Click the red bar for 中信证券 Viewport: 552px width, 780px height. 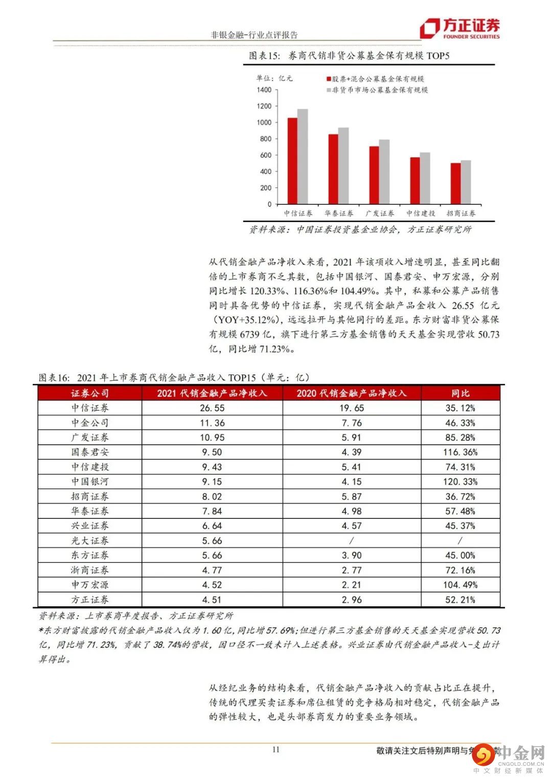pos(292,161)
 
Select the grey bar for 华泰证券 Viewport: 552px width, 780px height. pos(343,166)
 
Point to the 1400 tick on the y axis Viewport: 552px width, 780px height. pos(264,90)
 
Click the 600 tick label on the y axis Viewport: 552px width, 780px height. pos(266,155)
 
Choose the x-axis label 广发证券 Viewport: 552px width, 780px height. pos(379,214)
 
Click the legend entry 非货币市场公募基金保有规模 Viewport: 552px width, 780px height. pos(380,90)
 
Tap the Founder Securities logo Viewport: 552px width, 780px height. pos(459,29)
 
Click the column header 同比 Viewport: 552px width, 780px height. pos(460,393)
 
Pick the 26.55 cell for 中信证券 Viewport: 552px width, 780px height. pos(212,408)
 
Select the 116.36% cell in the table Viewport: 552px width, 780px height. pos(460,452)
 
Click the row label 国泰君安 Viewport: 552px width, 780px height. pos(90,452)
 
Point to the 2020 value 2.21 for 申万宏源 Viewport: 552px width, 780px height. pos(351,585)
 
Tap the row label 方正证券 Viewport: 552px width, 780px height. pos(90,600)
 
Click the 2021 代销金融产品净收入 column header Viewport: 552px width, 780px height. pos(212,393)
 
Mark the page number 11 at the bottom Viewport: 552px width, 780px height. pos(276,750)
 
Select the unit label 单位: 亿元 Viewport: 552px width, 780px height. pos(274,78)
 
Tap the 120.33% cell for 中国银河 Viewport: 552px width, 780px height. pos(460,482)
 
